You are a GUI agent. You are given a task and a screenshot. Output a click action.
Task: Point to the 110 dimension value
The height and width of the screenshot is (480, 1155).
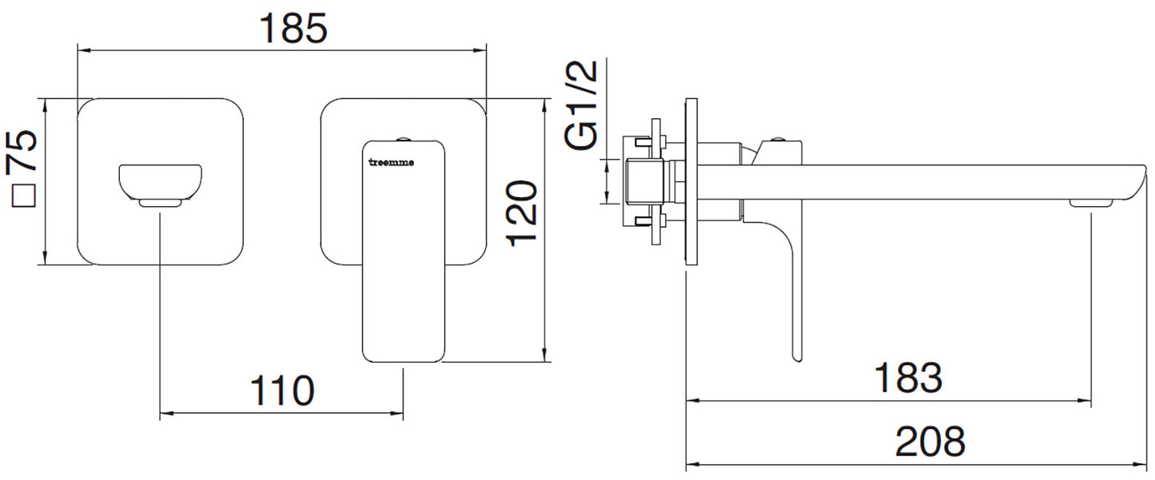(282, 391)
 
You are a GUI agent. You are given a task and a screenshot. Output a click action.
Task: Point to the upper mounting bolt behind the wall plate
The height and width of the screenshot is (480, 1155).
(641, 144)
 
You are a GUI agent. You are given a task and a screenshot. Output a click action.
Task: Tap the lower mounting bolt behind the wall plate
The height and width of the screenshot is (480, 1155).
(641, 220)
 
